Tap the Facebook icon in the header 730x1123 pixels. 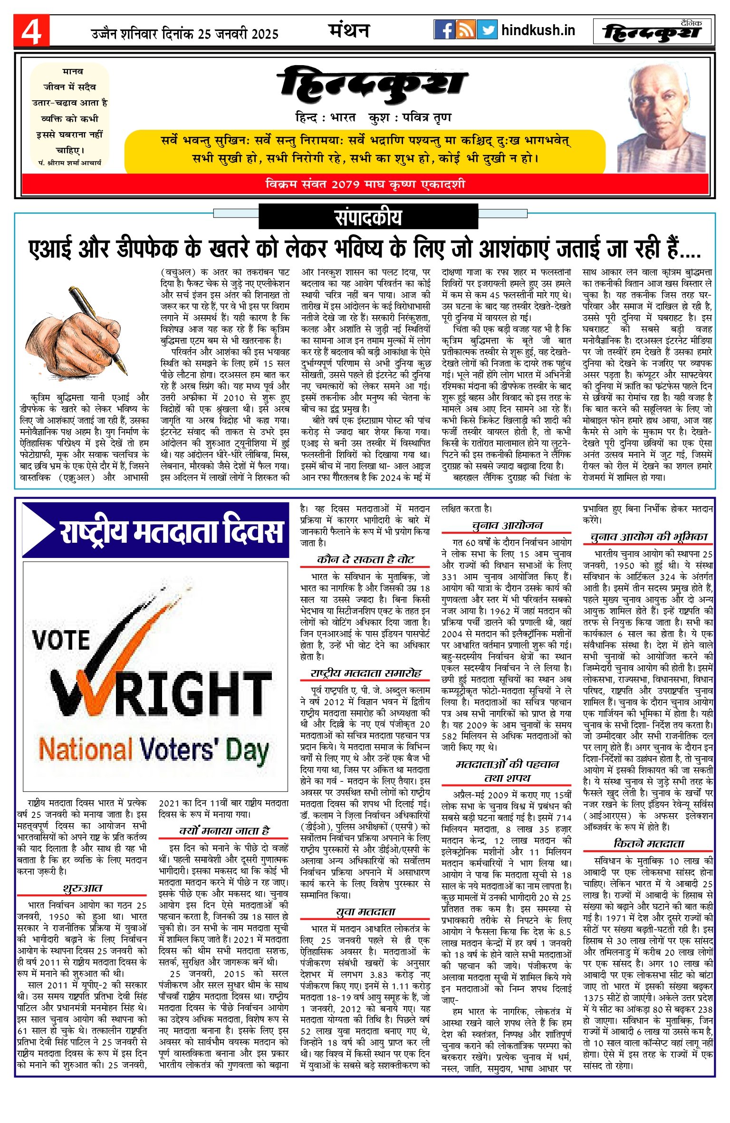click(444, 30)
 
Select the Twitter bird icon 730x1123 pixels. click(487, 30)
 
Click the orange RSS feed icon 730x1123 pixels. click(465, 30)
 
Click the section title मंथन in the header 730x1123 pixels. click(349, 31)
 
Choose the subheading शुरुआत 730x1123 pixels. click(82, 888)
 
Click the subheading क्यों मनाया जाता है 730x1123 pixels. click(224, 830)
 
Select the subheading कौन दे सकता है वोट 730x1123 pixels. click(365, 559)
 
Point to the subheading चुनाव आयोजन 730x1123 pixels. click(507, 525)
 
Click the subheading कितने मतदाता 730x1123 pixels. click(648, 843)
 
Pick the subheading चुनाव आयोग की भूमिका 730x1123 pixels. click(648, 537)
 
